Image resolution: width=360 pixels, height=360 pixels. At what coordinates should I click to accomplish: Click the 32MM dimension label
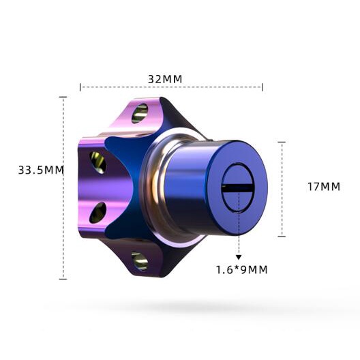[165, 79]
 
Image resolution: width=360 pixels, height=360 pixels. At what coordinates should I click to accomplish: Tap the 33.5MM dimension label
[41, 170]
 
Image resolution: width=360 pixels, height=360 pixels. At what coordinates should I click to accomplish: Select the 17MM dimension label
[324, 187]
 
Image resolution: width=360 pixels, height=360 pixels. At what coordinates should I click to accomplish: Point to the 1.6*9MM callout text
[242, 269]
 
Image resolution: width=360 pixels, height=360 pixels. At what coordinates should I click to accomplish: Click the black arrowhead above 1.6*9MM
[239, 257]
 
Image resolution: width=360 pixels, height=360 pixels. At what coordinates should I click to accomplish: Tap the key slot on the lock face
[237, 187]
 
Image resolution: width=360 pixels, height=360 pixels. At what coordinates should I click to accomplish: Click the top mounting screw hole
[139, 113]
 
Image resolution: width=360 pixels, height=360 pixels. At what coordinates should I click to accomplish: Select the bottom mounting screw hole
[140, 261]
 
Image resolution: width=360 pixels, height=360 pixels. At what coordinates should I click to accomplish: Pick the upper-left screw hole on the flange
[98, 162]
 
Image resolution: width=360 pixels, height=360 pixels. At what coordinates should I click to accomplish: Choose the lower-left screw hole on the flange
[97, 213]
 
